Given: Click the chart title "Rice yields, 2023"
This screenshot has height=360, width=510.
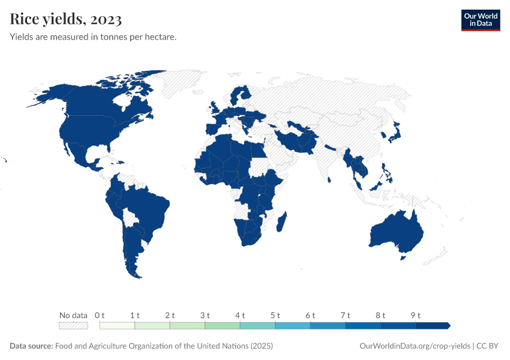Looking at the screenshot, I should (x=66, y=19).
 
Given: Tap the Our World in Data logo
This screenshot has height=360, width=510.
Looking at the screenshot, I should (x=480, y=20).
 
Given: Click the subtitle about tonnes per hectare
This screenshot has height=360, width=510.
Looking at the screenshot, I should (x=93, y=37).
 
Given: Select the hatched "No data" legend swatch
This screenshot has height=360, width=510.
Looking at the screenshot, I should (x=73, y=326).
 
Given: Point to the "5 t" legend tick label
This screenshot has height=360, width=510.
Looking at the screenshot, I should (x=275, y=315).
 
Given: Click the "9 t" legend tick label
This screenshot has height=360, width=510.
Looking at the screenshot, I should (x=416, y=315).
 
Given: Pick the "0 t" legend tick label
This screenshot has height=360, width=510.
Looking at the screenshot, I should (x=100, y=315).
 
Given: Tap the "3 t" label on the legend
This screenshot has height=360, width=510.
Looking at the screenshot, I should (x=205, y=315).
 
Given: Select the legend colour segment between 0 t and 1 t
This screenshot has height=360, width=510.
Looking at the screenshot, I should (x=117, y=326).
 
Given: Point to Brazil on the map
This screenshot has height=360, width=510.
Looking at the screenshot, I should (x=150, y=207).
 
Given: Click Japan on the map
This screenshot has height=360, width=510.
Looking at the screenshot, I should (x=394, y=133).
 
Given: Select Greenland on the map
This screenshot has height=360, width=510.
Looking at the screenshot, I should (x=192, y=84).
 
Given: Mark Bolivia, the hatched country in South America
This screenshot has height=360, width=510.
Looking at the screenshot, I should (x=130, y=216).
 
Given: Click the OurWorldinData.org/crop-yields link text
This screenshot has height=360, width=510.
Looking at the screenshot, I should (x=414, y=346).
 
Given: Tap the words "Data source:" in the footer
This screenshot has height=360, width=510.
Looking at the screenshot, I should (x=31, y=346).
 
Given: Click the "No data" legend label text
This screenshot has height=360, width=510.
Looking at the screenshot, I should (x=73, y=315).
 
